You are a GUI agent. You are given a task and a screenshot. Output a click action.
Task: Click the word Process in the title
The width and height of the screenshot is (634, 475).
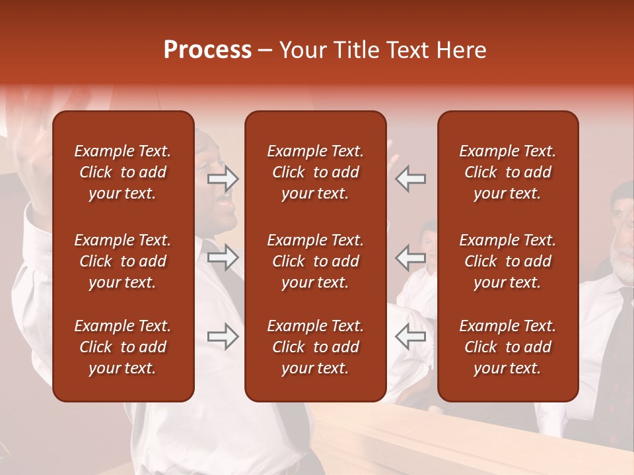click(x=207, y=50)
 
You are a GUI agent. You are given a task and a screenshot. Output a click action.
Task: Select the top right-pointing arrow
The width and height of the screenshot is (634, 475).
click(x=223, y=178)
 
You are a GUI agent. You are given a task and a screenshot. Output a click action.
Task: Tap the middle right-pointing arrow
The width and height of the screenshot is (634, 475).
click(x=223, y=257)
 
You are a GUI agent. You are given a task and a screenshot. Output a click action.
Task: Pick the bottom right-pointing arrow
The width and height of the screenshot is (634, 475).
click(x=223, y=336)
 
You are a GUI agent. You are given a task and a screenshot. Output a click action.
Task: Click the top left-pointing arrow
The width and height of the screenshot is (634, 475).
click(x=410, y=178)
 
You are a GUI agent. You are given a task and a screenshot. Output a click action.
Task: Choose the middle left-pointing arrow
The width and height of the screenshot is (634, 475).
click(x=410, y=257)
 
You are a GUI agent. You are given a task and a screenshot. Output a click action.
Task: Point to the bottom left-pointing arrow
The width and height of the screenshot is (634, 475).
click(x=410, y=336)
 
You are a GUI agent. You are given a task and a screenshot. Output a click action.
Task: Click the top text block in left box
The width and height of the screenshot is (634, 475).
click(x=123, y=172)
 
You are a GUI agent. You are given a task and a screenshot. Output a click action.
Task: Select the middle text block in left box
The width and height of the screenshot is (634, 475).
click(x=123, y=261)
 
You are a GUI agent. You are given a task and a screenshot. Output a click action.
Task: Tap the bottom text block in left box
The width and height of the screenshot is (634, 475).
click(x=123, y=347)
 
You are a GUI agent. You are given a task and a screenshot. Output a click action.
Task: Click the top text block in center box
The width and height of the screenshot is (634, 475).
click(x=315, y=172)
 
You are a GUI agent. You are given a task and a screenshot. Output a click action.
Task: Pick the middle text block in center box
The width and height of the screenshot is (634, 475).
click(x=315, y=261)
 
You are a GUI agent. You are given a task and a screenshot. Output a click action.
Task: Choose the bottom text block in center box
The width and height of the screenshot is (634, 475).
click(x=315, y=347)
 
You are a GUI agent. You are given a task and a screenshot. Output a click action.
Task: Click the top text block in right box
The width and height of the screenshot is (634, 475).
click(x=507, y=172)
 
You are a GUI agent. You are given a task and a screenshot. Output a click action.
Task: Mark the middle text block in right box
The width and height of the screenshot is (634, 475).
click(x=507, y=261)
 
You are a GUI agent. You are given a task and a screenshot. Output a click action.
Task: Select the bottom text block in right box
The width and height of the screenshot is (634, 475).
click(x=507, y=347)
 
